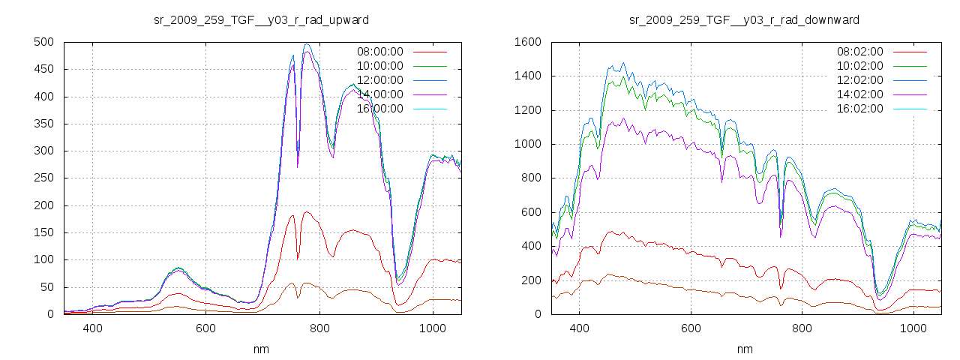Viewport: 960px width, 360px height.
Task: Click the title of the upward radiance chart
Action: tap(261, 19)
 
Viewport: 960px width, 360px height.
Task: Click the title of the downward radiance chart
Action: tap(744, 19)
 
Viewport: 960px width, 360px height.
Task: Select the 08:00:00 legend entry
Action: tap(379, 52)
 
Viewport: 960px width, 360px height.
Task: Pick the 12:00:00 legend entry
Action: tap(379, 80)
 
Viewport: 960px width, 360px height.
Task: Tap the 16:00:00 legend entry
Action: tap(379, 109)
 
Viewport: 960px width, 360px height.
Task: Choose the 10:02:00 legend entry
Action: tap(860, 66)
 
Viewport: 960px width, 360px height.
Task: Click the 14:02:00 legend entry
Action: tap(860, 94)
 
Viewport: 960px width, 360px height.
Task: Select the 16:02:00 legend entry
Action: tap(860, 109)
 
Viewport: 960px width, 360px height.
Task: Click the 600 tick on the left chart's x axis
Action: tap(205, 328)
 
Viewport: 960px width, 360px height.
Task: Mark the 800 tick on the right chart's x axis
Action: tap(802, 328)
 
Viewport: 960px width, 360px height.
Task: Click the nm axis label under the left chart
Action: tap(261, 349)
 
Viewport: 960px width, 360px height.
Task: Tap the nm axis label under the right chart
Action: tap(744, 349)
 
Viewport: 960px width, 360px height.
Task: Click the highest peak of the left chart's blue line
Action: tap(307, 43)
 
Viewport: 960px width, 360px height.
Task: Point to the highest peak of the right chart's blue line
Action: tap(622, 63)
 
